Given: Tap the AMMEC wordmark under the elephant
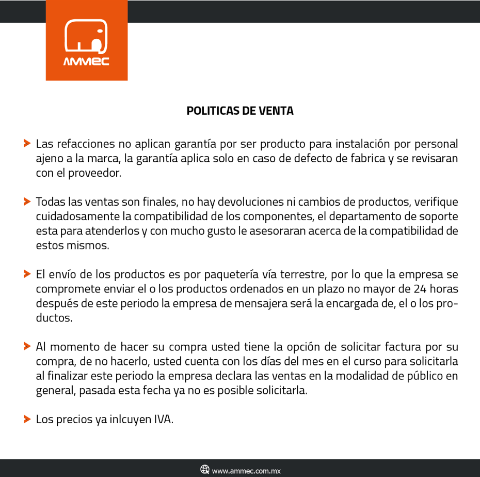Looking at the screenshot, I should pos(86,62).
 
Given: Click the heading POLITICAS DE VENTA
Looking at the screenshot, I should pos(240,111).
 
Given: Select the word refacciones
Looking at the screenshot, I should pos(85,143).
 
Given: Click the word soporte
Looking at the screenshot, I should pos(438,216).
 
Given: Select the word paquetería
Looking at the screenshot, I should pos(247,274).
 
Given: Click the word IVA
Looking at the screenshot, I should pos(163,419).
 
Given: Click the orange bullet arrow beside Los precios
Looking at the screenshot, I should pos(27,419).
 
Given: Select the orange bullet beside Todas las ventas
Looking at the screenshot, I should pos(27,201).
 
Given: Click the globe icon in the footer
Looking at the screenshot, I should pos(205,470).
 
